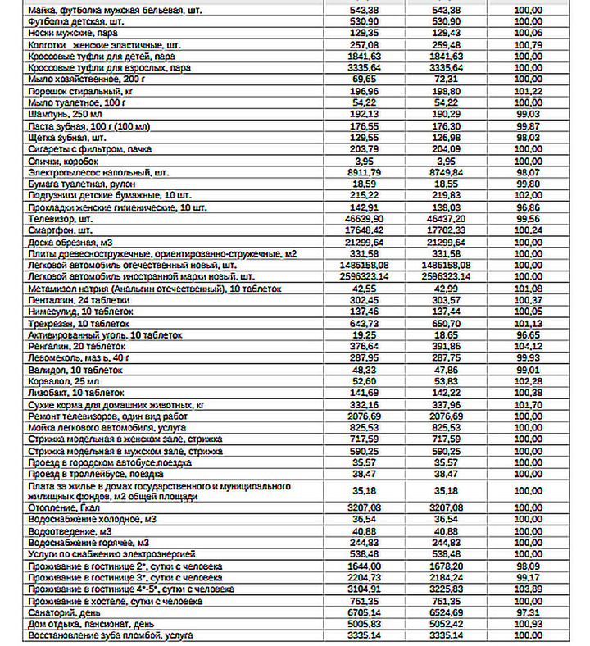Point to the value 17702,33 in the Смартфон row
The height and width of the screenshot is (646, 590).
(x=447, y=231)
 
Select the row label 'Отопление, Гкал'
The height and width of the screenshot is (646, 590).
(x=65, y=507)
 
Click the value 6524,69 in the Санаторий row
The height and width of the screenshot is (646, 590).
(x=447, y=612)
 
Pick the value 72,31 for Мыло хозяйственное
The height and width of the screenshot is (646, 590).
(x=447, y=79)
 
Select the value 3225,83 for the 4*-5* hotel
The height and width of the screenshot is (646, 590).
(x=447, y=589)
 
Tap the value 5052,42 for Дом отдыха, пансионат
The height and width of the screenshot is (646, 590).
(x=447, y=623)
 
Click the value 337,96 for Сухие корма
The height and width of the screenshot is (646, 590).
(x=447, y=405)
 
